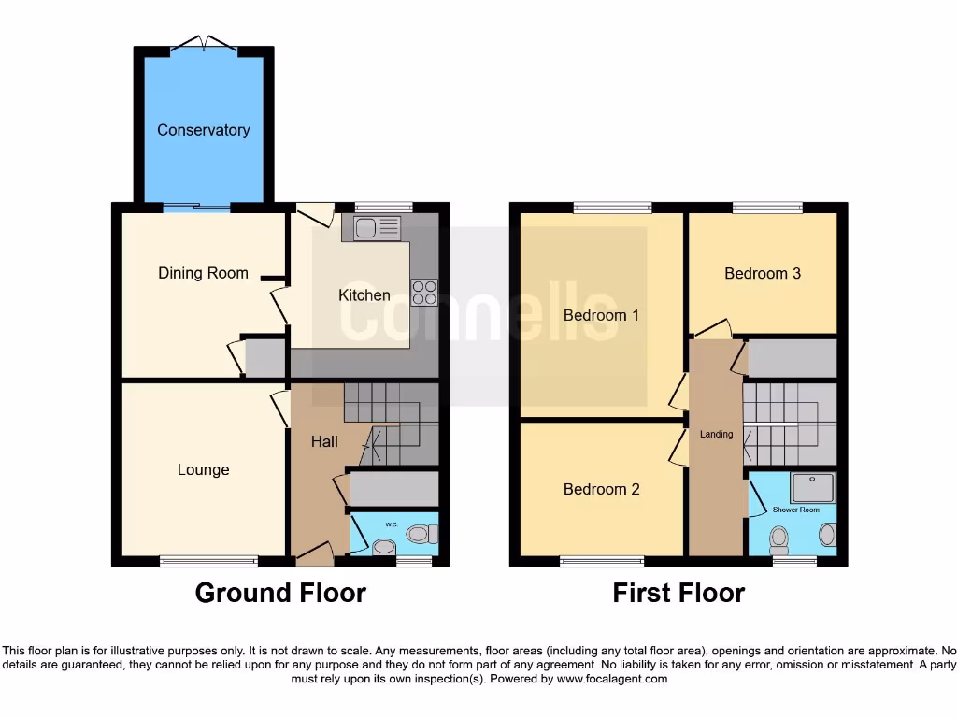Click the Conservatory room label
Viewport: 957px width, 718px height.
203,130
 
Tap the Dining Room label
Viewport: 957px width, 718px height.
203,273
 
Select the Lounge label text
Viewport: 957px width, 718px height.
203,469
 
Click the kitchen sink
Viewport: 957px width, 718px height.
371,227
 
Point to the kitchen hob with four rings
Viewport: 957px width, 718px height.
423,293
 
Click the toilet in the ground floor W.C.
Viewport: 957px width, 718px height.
421,534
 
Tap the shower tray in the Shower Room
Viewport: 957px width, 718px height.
811,487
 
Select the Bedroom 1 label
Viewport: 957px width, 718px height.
601,315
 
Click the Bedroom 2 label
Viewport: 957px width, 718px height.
601,489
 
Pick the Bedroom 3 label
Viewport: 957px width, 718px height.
763,273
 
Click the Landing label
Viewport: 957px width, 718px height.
717,434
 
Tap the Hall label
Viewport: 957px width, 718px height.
324,440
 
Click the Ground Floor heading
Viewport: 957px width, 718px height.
280,593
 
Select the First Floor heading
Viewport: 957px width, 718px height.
678,593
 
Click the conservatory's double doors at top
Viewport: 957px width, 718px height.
204,43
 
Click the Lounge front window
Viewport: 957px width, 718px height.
208,561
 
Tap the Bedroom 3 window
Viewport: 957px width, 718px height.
767,208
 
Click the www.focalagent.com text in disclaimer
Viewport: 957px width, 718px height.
611,679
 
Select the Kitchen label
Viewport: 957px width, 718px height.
364,294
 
